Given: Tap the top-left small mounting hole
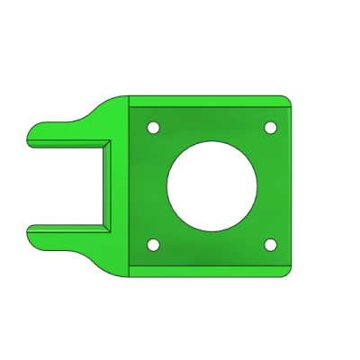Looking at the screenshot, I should pyautogui.click(x=153, y=128).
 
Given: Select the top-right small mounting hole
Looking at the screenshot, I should pyautogui.click(x=270, y=128).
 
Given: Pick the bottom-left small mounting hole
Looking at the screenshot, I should pyautogui.click(x=153, y=244).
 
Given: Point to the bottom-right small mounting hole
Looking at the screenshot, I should pyautogui.click(x=270, y=244).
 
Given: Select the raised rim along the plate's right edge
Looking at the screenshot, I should pyautogui.click(x=291, y=184).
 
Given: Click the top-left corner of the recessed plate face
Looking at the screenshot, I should pyautogui.click(x=131, y=107).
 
